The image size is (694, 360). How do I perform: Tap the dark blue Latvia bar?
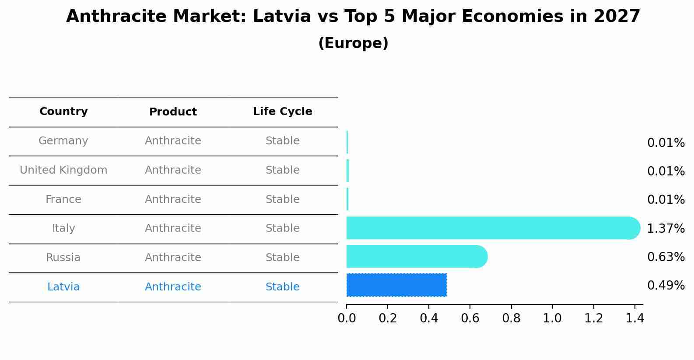(396, 285)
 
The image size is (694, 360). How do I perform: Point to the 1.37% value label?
(666, 228)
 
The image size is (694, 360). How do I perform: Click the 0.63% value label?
(666, 257)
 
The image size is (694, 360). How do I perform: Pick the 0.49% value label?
(666, 286)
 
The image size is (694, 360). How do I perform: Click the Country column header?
(63, 112)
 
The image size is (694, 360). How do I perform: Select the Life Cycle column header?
(282, 112)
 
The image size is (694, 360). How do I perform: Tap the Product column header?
(173, 112)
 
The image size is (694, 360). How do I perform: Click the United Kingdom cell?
(63, 170)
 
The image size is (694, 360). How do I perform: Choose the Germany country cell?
(63, 141)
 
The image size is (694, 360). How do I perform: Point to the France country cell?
(63, 199)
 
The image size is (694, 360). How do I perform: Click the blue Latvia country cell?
(63, 287)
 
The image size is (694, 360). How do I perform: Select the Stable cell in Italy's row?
(282, 228)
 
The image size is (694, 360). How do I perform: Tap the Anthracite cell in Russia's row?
(173, 258)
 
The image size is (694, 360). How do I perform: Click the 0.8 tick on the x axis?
(511, 318)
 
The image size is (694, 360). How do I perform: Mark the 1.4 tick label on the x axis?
(634, 318)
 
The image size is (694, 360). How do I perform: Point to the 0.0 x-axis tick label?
(347, 318)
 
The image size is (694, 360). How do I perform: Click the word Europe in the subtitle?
(353, 43)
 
